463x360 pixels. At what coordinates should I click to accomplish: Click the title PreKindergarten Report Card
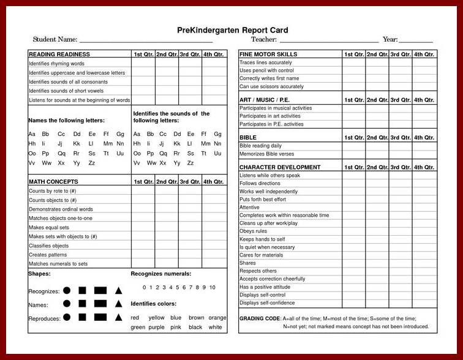pos(232,30)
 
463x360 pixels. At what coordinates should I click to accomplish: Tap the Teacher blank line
pos(329,40)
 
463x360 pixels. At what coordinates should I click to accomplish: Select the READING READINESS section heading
pos(59,54)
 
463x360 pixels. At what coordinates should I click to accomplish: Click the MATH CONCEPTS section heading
pos(53,182)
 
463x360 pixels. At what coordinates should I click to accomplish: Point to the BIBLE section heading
pos(248,138)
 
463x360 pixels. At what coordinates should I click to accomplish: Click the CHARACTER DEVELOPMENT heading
pos(280,167)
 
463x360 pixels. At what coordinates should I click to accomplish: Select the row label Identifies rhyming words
pos(56,64)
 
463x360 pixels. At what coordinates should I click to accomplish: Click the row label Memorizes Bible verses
pos(266,154)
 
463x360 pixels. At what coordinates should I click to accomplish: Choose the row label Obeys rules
pos(253,231)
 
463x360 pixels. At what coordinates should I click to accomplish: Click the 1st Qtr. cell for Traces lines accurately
pos(354,62)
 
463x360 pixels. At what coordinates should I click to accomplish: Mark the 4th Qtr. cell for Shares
pos(424,263)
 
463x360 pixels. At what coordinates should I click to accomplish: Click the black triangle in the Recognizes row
pos(119,290)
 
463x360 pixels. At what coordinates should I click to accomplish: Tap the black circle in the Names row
pos(66,304)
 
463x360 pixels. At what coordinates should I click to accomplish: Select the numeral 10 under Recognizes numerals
pos(212,287)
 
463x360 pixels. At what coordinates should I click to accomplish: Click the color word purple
pos(156,328)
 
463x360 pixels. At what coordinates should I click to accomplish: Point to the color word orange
pos(217,318)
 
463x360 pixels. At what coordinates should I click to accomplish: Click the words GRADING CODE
pos(259,318)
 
